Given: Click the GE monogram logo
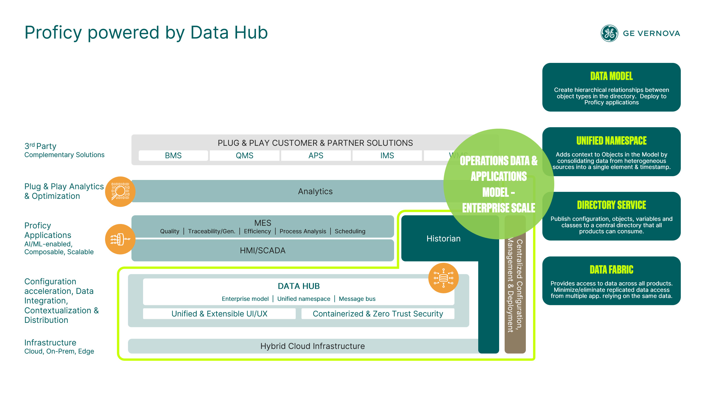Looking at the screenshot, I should [x=609, y=33].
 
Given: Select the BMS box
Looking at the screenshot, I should [x=173, y=156].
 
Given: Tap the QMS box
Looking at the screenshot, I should [x=244, y=156].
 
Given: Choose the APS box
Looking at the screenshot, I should [x=316, y=156].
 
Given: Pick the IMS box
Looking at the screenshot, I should [x=387, y=156].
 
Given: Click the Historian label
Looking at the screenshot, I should [x=443, y=239].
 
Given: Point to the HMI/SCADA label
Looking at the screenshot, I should [x=263, y=250].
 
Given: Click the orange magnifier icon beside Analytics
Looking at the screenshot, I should [x=120, y=192].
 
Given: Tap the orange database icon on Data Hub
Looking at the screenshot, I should [x=443, y=278].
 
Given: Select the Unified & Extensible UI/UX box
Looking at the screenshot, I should [x=219, y=314].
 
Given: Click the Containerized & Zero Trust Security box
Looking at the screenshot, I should [x=378, y=314].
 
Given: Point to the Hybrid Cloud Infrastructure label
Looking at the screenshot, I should [x=313, y=346].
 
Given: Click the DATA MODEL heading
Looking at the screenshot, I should [x=611, y=76].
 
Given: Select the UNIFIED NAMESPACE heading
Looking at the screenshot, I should [x=611, y=141].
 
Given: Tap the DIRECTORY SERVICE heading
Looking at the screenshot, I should [x=611, y=205].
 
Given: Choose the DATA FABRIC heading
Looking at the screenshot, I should [x=611, y=270].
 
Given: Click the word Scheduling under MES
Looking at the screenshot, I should [x=350, y=231].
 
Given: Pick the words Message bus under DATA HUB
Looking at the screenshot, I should [x=357, y=299].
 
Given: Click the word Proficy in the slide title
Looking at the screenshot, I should [x=53, y=32].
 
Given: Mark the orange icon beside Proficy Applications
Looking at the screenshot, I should [x=120, y=239].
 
